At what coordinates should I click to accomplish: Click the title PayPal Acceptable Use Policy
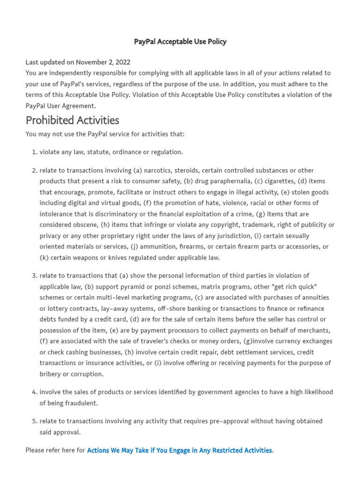coord(180,42)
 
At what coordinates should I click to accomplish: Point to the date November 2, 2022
coord(103,62)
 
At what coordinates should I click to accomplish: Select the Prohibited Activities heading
coord(72,120)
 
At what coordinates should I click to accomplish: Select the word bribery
coord(52,374)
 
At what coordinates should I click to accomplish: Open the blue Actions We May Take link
coord(180,450)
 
